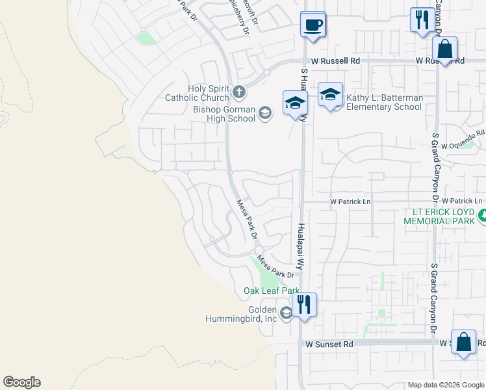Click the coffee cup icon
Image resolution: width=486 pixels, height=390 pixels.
(313, 25)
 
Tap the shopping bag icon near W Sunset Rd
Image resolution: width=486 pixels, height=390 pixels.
(464, 343)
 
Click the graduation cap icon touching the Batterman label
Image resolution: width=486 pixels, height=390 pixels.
(330, 95)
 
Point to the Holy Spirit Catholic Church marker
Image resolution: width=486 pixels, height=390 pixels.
(238, 92)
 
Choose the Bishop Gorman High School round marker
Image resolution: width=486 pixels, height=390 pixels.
(264, 114)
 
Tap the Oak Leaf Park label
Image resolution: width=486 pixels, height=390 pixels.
(272, 291)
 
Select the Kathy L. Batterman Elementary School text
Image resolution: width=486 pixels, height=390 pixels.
(384, 102)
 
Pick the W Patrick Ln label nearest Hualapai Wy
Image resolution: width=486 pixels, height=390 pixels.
(350, 201)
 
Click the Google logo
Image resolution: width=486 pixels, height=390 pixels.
(21, 382)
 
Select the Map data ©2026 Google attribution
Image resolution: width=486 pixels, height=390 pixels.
(446, 385)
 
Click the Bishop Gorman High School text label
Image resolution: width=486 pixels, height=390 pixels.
(224, 114)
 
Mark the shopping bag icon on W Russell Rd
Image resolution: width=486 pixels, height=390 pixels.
(445, 49)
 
